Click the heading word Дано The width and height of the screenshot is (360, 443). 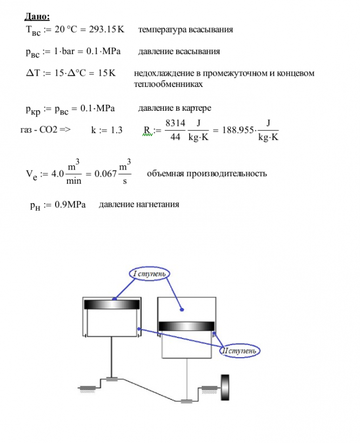click(37, 17)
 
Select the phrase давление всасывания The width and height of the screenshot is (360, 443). click(179, 52)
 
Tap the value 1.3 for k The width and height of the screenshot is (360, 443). click(114, 130)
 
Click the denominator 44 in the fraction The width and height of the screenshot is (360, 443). click(174, 137)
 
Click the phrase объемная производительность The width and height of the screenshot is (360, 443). click(206, 174)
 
